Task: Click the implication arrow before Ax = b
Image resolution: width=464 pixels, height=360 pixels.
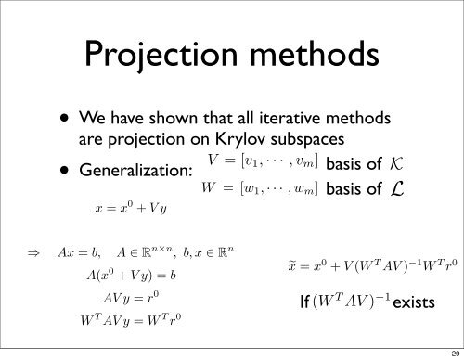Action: [15, 251]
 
